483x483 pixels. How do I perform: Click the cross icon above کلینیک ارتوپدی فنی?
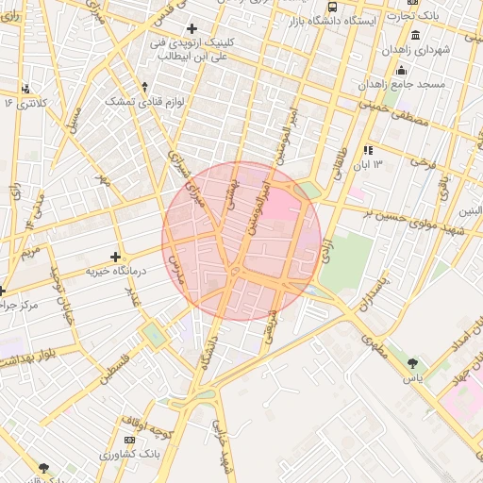192,29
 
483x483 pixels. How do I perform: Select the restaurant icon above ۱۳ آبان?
368,150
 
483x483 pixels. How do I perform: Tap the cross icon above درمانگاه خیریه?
115,257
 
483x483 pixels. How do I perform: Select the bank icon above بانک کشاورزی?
129,440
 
